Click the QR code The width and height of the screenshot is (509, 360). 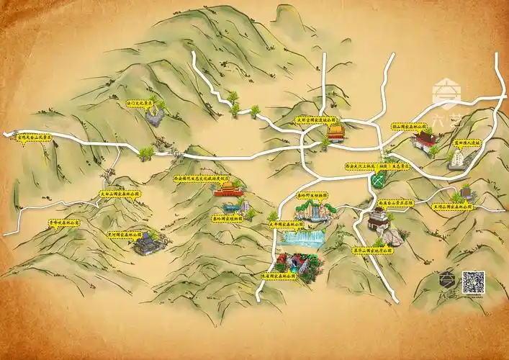(x=473, y=281)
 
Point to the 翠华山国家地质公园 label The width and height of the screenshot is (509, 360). (x=375, y=251)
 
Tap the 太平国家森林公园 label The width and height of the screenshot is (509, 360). (x=286, y=223)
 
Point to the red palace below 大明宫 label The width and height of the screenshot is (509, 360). (x=336, y=132)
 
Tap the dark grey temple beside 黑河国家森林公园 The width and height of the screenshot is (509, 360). (x=145, y=243)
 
